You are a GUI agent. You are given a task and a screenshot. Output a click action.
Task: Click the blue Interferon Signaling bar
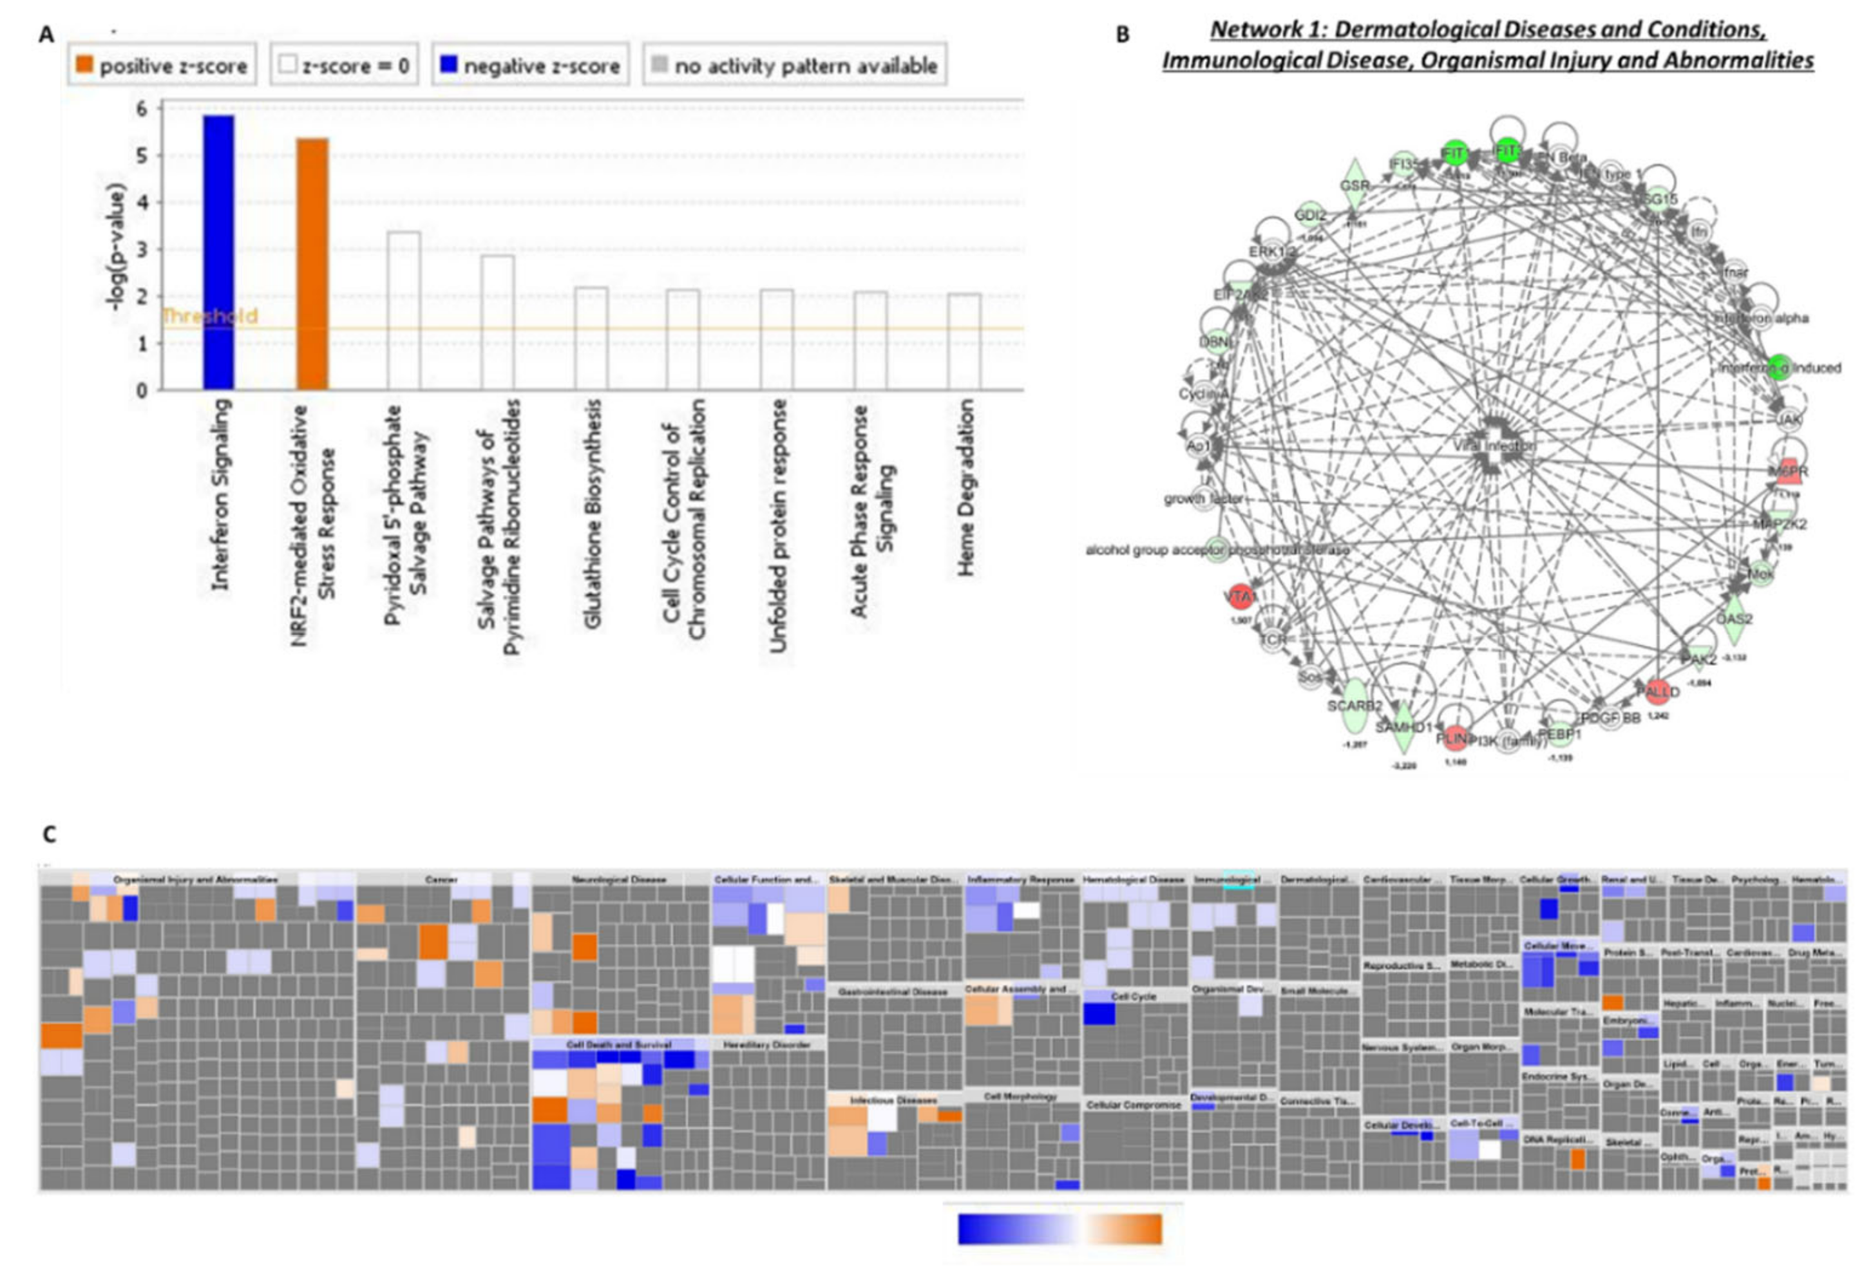tap(218, 253)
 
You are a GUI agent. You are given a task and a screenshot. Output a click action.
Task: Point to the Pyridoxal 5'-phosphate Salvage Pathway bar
tap(404, 311)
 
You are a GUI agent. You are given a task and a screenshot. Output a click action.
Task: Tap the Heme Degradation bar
tap(964, 343)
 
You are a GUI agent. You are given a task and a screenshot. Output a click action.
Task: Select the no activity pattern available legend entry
tap(795, 65)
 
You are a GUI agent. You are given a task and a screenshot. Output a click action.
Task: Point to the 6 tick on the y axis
tap(142, 109)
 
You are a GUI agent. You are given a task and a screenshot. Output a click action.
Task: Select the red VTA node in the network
tap(1239, 597)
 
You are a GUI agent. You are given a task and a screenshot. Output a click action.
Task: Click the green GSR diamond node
tap(1355, 185)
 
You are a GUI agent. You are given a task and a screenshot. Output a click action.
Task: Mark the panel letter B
tap(1123, 35)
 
